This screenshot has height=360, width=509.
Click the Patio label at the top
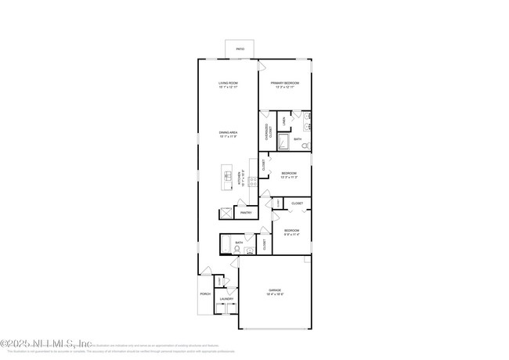pos(240,49)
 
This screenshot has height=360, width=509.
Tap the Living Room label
pos(228,83)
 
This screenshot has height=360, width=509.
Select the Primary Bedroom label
pos(285,83)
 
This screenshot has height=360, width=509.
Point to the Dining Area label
pos(228,133)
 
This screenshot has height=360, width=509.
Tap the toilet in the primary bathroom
pos(305,146)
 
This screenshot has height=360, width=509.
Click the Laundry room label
pos(227,299)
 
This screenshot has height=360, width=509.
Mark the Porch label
pos(205,294)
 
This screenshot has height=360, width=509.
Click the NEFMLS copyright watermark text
pos(47,344)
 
